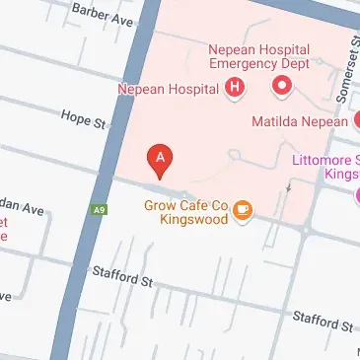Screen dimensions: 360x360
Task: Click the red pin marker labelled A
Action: point(161,158)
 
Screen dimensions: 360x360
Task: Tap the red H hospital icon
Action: point(235,88)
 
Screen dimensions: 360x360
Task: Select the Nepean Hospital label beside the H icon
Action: point(169,89)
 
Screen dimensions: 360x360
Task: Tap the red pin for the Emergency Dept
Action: point(282,88)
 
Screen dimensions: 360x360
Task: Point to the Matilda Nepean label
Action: point(300,122)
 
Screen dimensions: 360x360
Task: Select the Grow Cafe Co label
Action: point(185,205)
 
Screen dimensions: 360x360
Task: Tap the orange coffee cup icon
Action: point(243,209)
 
